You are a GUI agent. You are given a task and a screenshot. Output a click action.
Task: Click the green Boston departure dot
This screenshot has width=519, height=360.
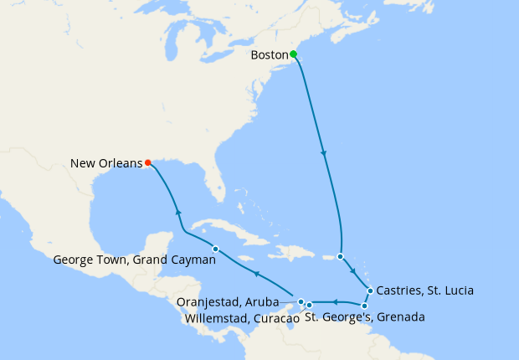coord(294,55)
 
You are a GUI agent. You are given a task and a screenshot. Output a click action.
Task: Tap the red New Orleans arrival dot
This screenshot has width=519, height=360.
coord(147,162)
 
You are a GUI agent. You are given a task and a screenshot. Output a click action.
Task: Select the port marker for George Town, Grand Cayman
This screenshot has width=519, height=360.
coord(215,249)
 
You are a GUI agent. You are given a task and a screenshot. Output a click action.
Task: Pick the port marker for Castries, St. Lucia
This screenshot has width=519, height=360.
coord(370,291)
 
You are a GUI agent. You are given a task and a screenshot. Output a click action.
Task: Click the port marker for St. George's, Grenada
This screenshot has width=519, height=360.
coord(364,306)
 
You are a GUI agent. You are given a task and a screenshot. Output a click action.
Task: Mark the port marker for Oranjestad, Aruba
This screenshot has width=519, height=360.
coord(301,301)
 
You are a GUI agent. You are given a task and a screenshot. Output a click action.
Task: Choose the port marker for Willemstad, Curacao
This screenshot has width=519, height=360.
coord(309,305)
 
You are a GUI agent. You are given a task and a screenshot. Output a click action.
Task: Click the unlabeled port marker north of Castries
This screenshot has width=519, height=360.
coord(341,256)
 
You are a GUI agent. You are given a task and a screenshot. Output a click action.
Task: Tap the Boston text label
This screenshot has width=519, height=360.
coord(270,56)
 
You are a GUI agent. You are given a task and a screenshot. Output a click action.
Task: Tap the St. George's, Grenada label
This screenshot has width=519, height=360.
coord(364,318)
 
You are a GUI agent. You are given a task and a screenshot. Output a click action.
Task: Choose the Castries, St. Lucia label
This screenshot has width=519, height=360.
coord(425,291)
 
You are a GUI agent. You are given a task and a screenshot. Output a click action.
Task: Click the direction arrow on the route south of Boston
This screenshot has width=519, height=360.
coord(323,153)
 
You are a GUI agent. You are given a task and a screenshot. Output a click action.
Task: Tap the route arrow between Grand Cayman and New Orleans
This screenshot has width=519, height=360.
coord(177,212)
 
